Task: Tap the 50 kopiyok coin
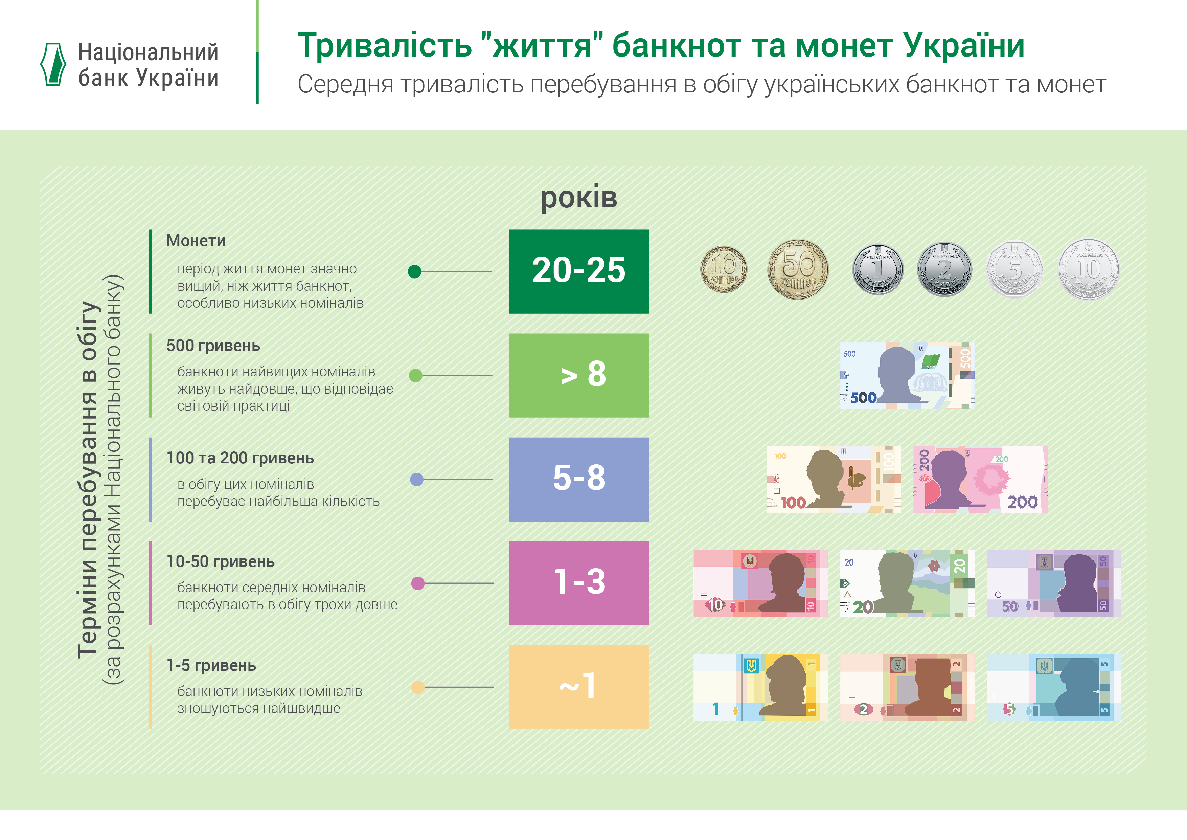pos(798,269)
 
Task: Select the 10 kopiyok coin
pos(724,269)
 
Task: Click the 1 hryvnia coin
pos(878,269)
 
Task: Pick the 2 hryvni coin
pos(944,269)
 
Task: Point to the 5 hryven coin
pos(1014,269)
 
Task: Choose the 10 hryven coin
pos(1089,269)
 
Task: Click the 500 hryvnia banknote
pos(907,376)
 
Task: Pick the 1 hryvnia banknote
pos(760,687)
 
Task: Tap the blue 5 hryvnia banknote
pos(1054,687)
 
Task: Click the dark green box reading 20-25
pos(579,271)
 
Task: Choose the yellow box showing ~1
pos(579,687)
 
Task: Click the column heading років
pos(579,198)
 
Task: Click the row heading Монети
pos(196,241)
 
